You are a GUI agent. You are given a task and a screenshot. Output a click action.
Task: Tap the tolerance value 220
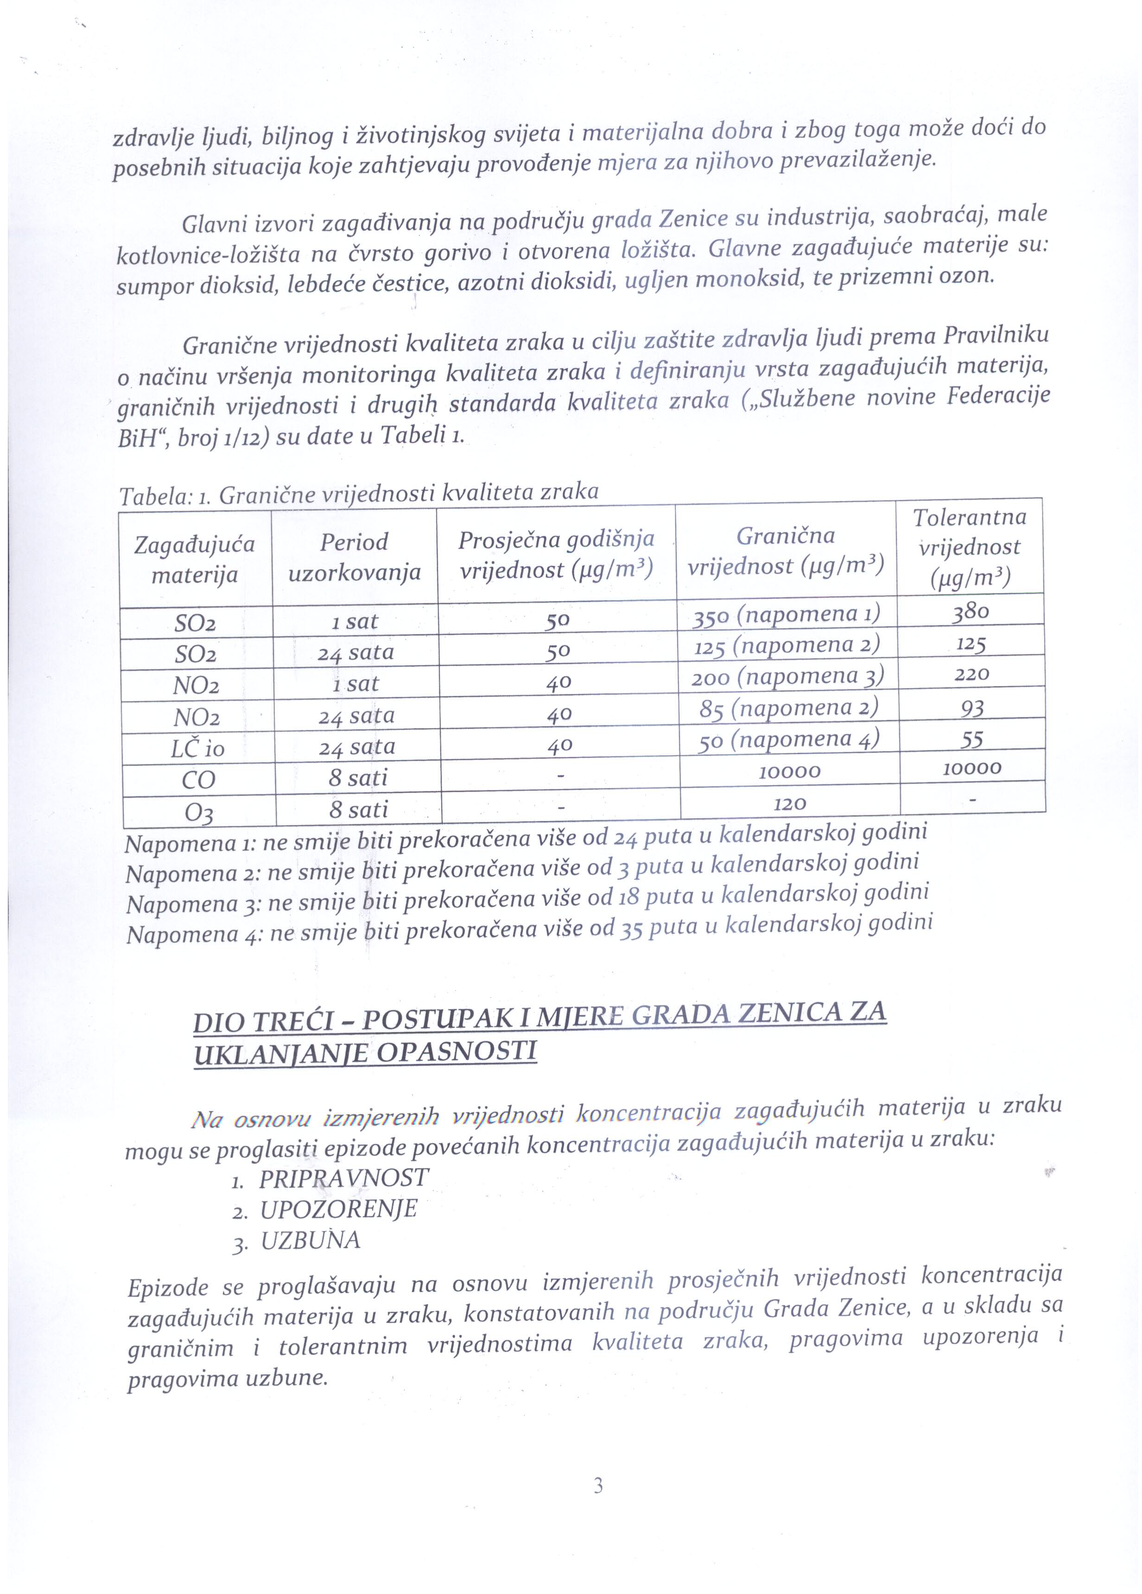click(x=971, y=675)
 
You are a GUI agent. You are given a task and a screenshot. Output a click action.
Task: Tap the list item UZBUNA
click(x=311, y=1240)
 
